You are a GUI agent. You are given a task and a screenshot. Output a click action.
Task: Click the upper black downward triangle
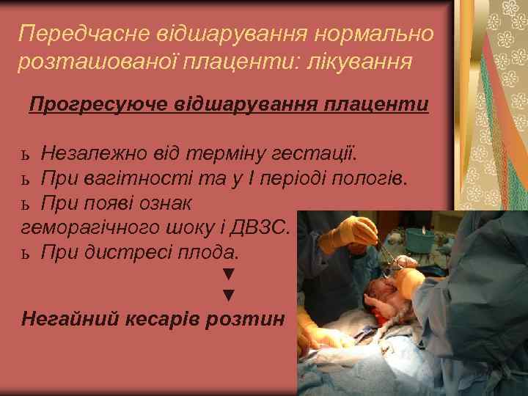pos(228,274)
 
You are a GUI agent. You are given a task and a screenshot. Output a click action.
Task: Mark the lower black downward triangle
pos(228,296)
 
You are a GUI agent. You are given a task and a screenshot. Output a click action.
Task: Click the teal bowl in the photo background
pos(419,238)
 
